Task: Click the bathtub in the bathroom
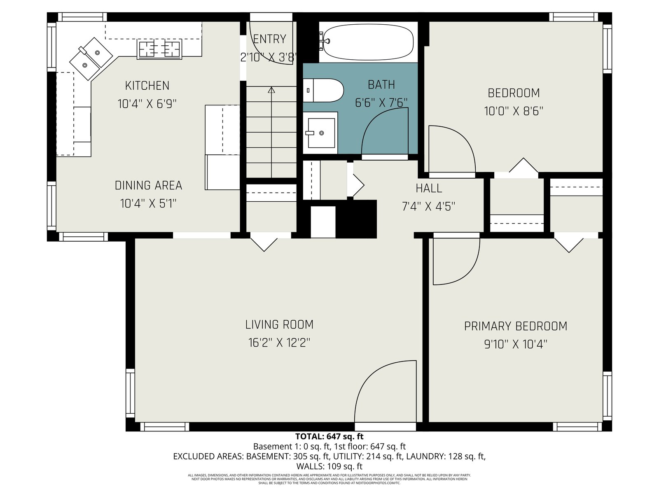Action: pos(368,42)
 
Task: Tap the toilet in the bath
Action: pos(323,90)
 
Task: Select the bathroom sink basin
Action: pos(321,133)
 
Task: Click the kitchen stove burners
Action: pos(159,49)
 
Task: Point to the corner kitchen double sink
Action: pos(91,59)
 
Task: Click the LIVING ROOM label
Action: pos(279,324)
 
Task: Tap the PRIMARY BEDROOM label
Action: pos(516,326)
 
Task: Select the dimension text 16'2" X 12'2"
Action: pos(279,343)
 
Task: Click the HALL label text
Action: pos(429,189)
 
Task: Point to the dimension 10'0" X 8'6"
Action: pos(514,111)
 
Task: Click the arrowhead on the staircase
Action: pos(271,90)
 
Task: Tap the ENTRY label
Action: pos(270,39)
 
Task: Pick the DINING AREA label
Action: pos(148,185)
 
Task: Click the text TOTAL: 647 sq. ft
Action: pos(329,436)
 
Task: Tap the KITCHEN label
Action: pos(147,86)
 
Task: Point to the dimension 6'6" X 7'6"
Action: pos(381,103)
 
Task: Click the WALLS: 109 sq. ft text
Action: pos(329,466)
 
